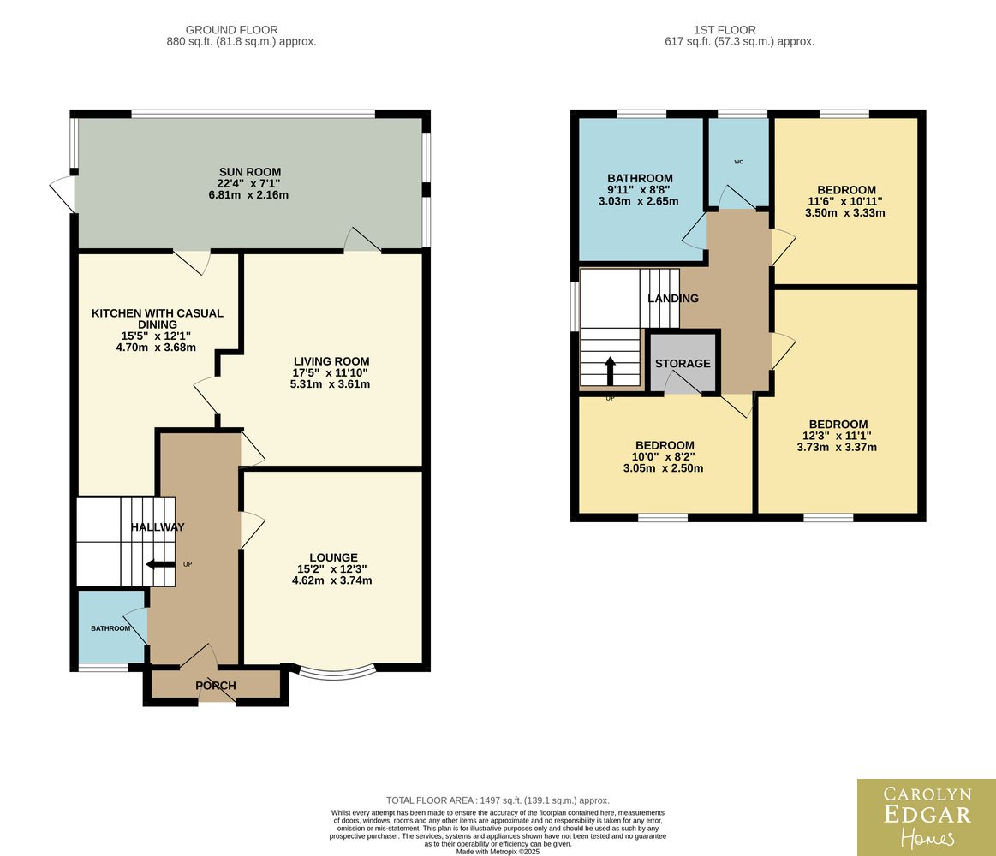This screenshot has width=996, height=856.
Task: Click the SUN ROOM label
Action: pyautogui.click(x=249, y=172)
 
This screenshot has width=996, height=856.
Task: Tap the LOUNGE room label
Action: pyautogui.click(x=333, y=557)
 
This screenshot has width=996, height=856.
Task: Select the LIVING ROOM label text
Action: pyautogui.click(x=331, y=361)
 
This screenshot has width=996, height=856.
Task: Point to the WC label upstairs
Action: pyautogui.click(x=739, y=162)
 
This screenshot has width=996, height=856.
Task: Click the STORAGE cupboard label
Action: pyautogui.click(x=683, y=363)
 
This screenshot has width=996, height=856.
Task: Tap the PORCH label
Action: pyautogui.click(x=215, y=686)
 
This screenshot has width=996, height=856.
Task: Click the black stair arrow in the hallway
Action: pyautogui.click(x=160, y=564)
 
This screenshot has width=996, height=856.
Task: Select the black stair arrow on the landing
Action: pyautogui.click(x=610, y=371)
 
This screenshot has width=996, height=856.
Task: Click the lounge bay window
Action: pyautogui.click(x=337, y=671)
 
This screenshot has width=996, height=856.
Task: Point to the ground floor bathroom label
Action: pyautogui.click(x=110, y=628)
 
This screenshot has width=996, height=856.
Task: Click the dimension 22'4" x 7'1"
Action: pyautogui.click(x=248, y=183)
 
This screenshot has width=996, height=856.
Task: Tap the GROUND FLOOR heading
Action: pyautogui.click(x=232, y=30)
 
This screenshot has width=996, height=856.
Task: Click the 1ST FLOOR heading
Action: pyautogui.click(x=725, y=30)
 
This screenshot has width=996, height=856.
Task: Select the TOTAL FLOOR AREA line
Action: pyautogui.click(x=498, y=800)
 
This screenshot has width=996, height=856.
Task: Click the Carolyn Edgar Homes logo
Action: pyautogui.click(x=927, y=817)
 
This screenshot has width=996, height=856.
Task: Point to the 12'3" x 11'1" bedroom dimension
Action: pyautogui.click(x=837, y=436)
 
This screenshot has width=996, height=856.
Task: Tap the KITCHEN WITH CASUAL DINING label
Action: pyautogui.click(x=158, y=318)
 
